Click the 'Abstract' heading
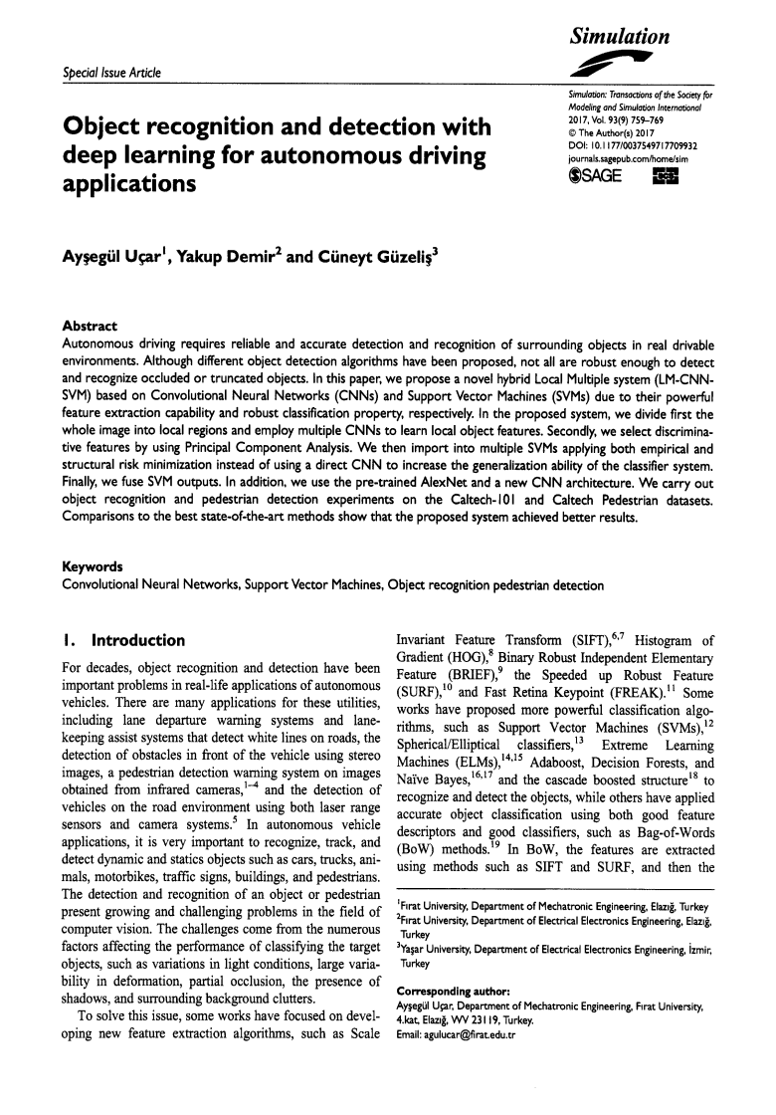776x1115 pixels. click(90, 327)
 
